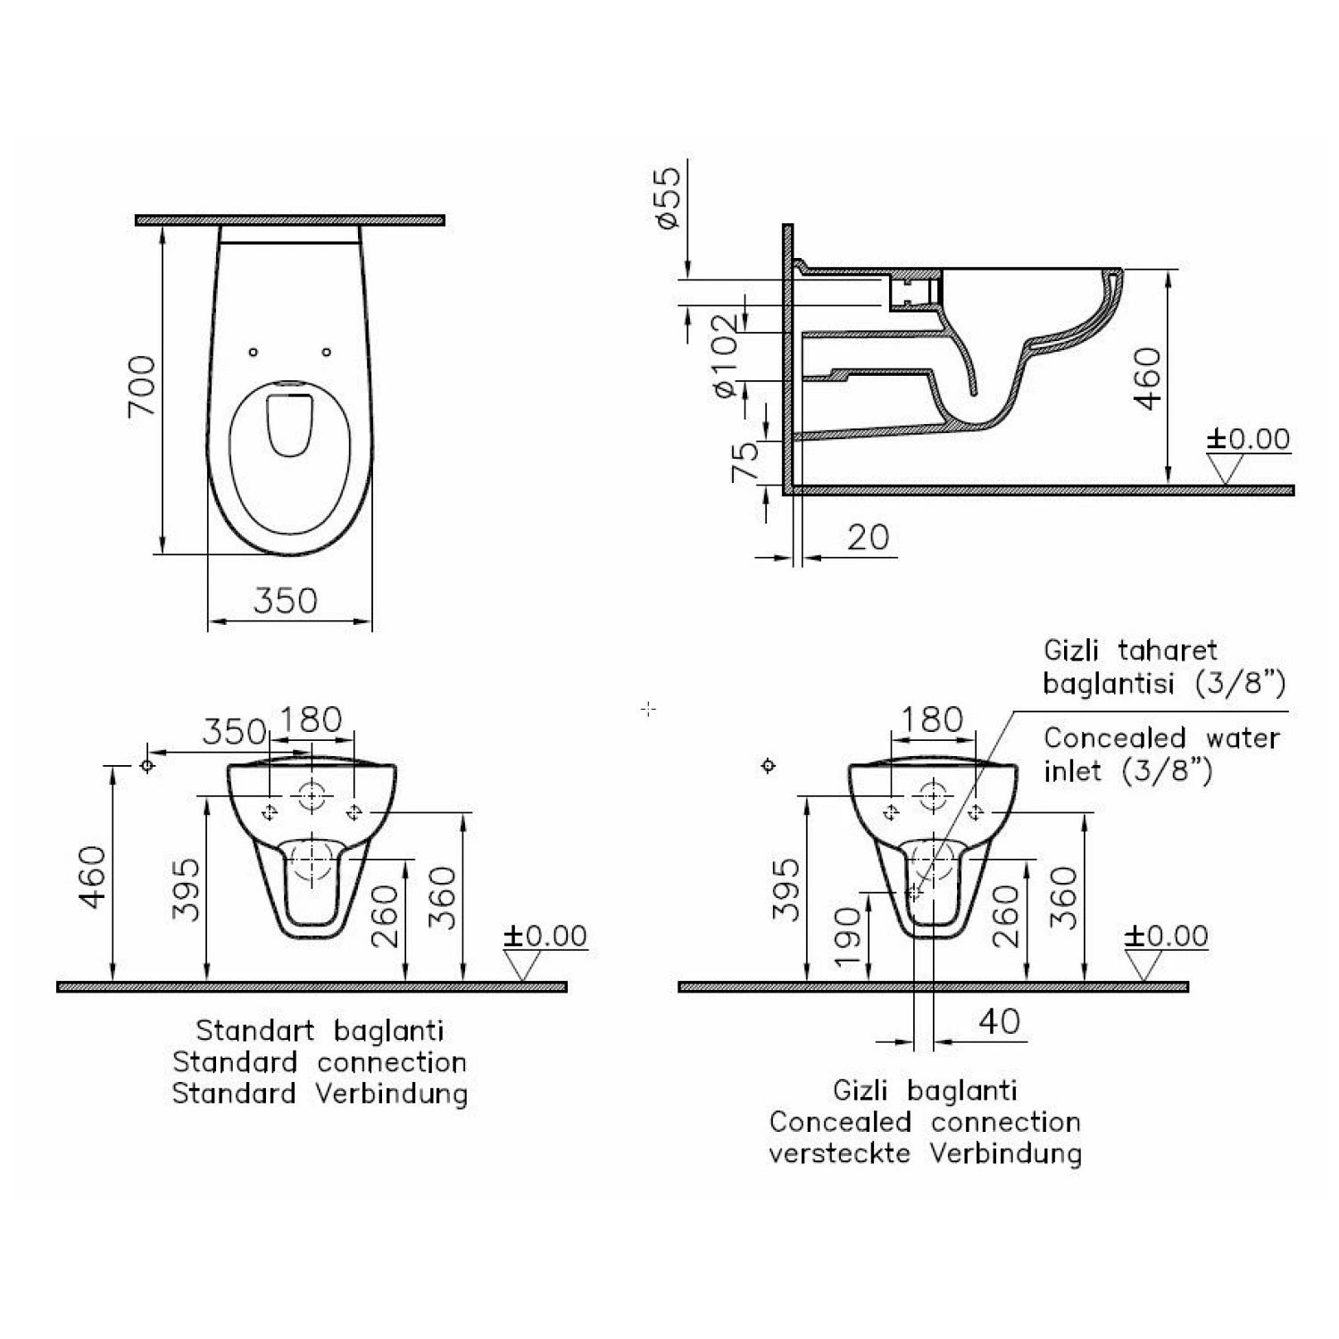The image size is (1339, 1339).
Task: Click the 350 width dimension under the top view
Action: point(286,601)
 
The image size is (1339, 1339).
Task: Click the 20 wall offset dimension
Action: point(868,537)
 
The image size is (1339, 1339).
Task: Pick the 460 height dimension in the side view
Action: point(1148,378)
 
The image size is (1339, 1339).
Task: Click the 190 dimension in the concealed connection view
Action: point(851,937)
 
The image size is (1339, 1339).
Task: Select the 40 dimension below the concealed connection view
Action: point(999,1021)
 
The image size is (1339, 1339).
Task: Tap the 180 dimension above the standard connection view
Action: point(311,719)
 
